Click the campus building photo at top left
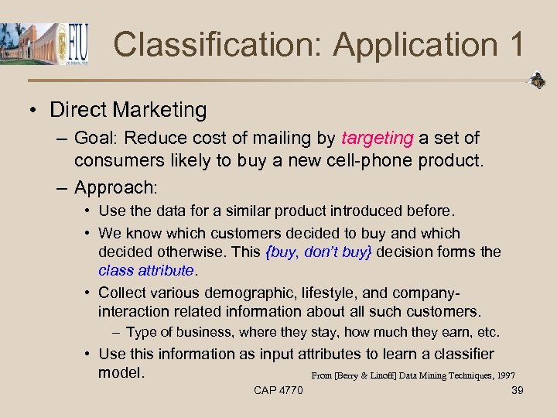pyautogui.click(x=26, y=43)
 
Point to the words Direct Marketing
pyautogui.click(x=128, y=110)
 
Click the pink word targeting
pyautogui.click(x=377, y=139)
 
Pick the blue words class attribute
pyautogui.click(x=145, y=270)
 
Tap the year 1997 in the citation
pyautogui.click(x=507, y=376)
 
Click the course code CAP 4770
pyautogui.click(x=278, y=390)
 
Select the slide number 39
pyautogui.click(x=518, y=390)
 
